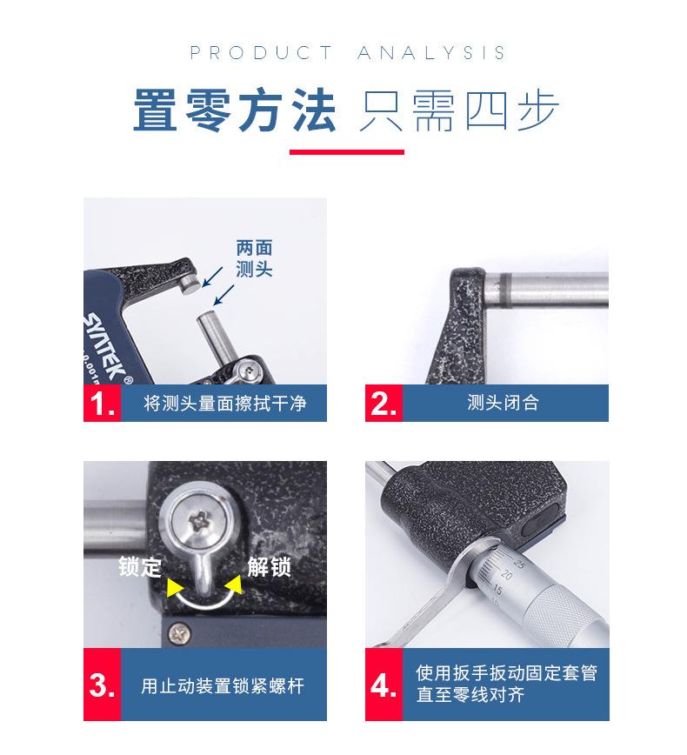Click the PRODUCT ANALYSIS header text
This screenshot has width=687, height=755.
tap(347, 52)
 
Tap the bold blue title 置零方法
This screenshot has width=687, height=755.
tap(235, 110)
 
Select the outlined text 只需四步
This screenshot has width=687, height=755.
tap(459, 110)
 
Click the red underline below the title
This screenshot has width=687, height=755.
tap(347, 152)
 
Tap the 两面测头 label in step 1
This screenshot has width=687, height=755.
tap(254, 258)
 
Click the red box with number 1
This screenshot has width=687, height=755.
tap(102, 403)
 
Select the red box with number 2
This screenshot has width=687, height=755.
tap(384, 403)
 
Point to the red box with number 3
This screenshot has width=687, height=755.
tap(102, 685)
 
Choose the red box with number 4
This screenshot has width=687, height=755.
tap(384, 685)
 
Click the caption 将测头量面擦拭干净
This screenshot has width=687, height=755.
tap(225, 403)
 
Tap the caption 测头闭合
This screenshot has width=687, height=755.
tap(503, 403)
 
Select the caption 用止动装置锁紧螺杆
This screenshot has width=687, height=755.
tap(223, 685)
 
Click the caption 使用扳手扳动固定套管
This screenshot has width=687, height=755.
tap(506, 672)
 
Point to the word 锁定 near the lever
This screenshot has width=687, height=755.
tap(140, 566)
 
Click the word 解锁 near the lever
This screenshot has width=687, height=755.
tap(269, 566)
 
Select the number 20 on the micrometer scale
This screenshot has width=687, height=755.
tap(506, 574)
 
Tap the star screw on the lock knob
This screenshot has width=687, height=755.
tap(199, 520)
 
